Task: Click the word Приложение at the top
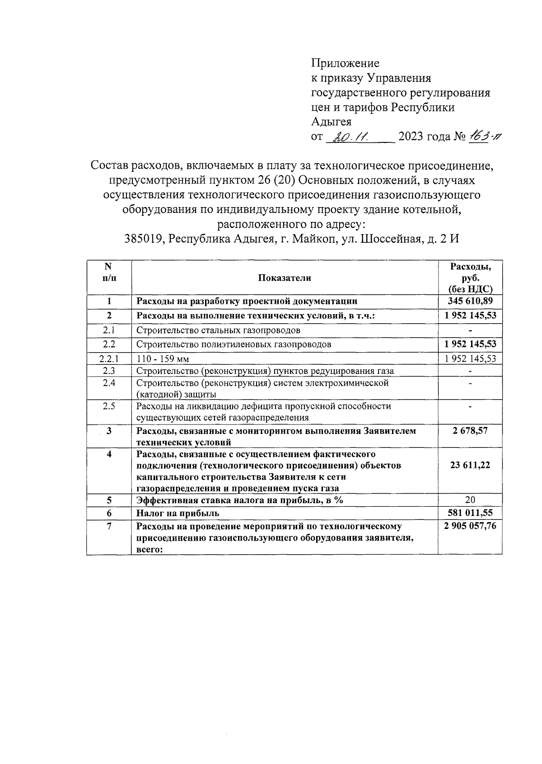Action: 346,63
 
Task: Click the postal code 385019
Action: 144,239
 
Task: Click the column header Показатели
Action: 285,278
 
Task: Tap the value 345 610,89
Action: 470,301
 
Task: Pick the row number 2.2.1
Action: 109,358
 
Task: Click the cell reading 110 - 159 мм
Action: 163,359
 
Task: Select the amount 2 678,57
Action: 470,430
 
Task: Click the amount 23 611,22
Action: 470,465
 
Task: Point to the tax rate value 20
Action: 470,500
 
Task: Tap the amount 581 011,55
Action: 470,513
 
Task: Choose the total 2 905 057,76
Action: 470,526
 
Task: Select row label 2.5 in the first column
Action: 109,406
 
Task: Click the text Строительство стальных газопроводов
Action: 218,330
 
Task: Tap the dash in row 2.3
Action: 470,371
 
